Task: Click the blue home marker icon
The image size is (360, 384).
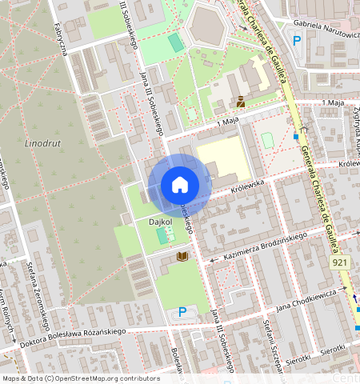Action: pyautogui.click(x=180, y=185)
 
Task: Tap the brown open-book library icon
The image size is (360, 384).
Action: pyautogui.click(x=182, y=255)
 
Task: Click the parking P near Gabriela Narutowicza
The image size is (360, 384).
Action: pyautogui.click(x=298, y=41)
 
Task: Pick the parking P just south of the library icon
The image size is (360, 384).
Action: pyautogui.click(x=182, y=312)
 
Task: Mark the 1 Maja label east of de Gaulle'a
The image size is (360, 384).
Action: pyautogui.click(x=332, y=103)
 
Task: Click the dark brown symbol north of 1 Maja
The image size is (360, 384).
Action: pyautogui.click(x=240, y=101)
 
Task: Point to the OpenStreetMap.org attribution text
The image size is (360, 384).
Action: pyautogui.click(x=80, y=378)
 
